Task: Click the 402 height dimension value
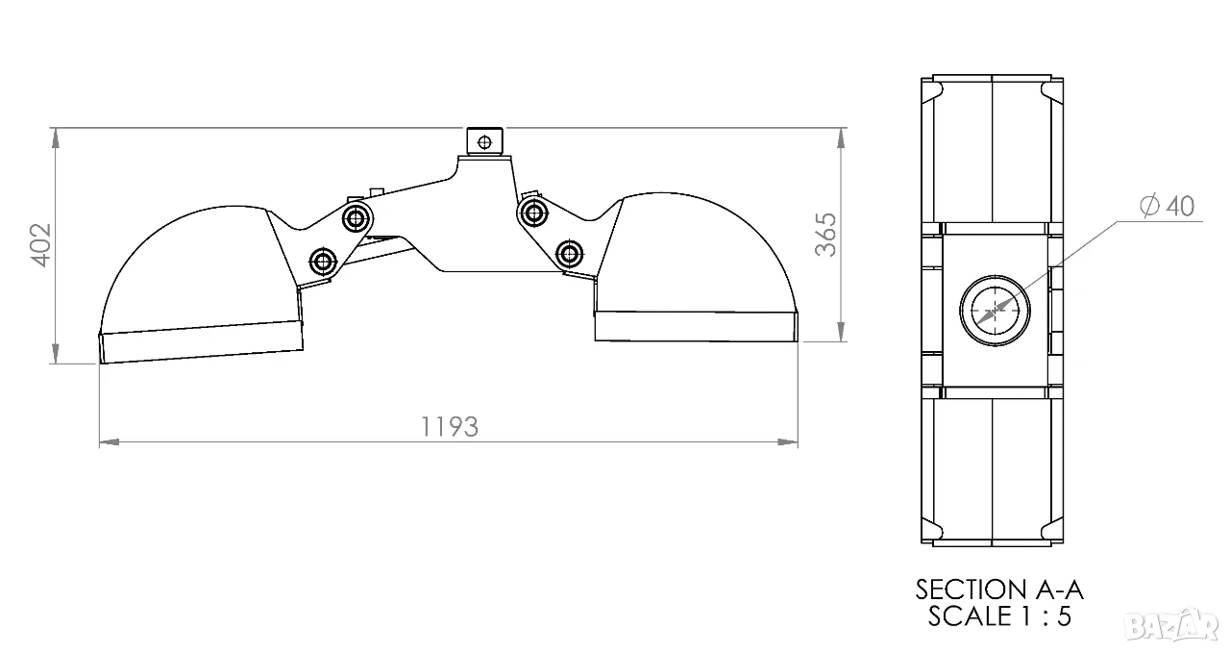41,245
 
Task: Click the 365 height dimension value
825,235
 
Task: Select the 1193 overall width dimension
450,427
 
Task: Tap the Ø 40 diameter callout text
1167,206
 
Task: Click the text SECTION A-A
999,590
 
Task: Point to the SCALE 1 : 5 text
999,616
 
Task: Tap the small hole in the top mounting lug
484,142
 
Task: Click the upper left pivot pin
357,218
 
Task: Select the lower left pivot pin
323,261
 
